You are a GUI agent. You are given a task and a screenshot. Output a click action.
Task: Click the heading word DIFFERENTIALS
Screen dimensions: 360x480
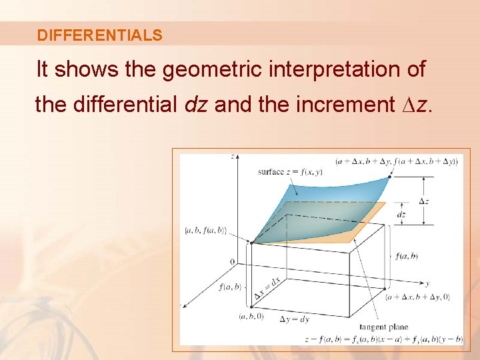(99, 35)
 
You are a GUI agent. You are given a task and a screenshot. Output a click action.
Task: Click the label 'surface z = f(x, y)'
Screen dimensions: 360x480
(290, 171)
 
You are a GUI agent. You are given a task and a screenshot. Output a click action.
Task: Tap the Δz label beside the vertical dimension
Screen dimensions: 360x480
(424, 201)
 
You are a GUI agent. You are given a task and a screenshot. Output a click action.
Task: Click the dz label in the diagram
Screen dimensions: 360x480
(401, 214)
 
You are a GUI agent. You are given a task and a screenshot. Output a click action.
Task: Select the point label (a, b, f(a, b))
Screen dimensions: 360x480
(205, 231)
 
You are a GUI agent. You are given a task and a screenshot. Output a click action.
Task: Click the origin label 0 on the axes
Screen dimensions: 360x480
(232, 261)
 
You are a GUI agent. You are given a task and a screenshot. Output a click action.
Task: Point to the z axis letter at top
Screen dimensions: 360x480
(232, 156)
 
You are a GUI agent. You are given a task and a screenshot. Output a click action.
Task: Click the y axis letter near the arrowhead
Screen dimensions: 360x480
(426, 283)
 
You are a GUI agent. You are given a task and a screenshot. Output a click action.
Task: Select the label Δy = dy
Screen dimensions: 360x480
(294, 319)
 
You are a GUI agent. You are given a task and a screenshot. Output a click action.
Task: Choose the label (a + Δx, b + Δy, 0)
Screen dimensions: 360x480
(419, 297)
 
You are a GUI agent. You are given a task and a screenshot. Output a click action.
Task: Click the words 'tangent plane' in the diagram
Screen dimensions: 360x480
(383, 327)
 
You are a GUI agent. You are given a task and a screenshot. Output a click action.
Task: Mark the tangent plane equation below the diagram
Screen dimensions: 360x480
(383, 339)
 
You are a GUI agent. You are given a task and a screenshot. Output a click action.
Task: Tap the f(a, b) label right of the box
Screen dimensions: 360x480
(406, 256)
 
